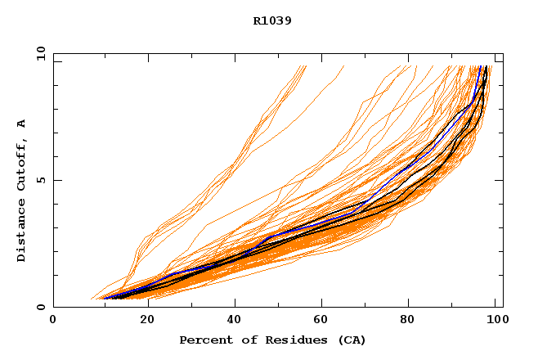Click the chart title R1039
point(272,20)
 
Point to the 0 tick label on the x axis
point(53,321)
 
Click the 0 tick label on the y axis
point(41,308)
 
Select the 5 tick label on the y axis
point(41,180)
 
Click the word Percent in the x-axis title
point(202,340)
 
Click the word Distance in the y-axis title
point(21,231)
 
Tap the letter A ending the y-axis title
point(21,123)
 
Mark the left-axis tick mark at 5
point(56,180)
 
